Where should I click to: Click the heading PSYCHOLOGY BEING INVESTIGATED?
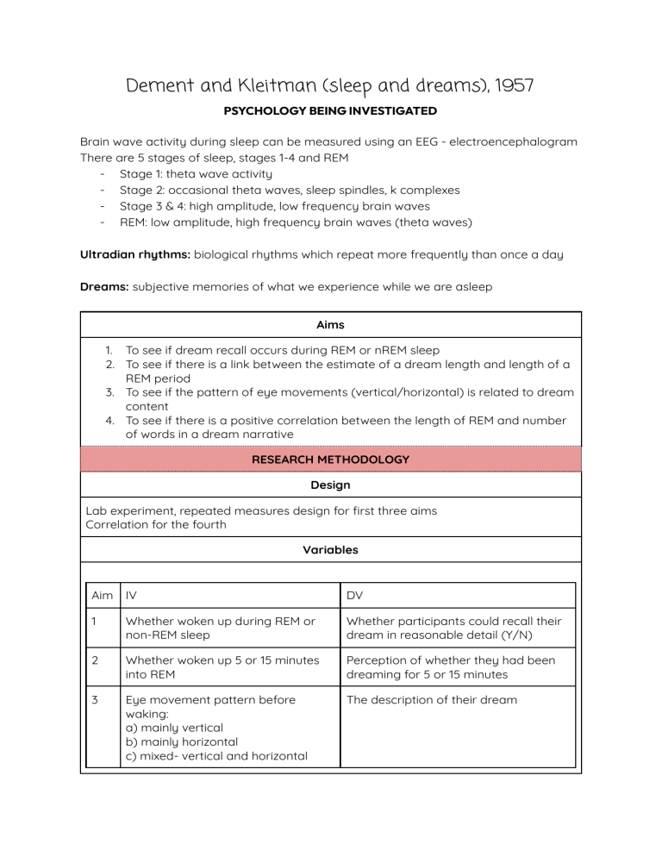point(331,111)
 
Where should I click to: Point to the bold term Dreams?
point(103,287)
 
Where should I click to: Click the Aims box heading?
point(330,325)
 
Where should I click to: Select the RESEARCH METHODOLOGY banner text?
point(330,460)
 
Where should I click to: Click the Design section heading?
point(330,485)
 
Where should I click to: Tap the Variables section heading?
point(330,549)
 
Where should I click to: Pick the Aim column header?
point(102,595)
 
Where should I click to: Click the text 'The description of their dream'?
point(431,699)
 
